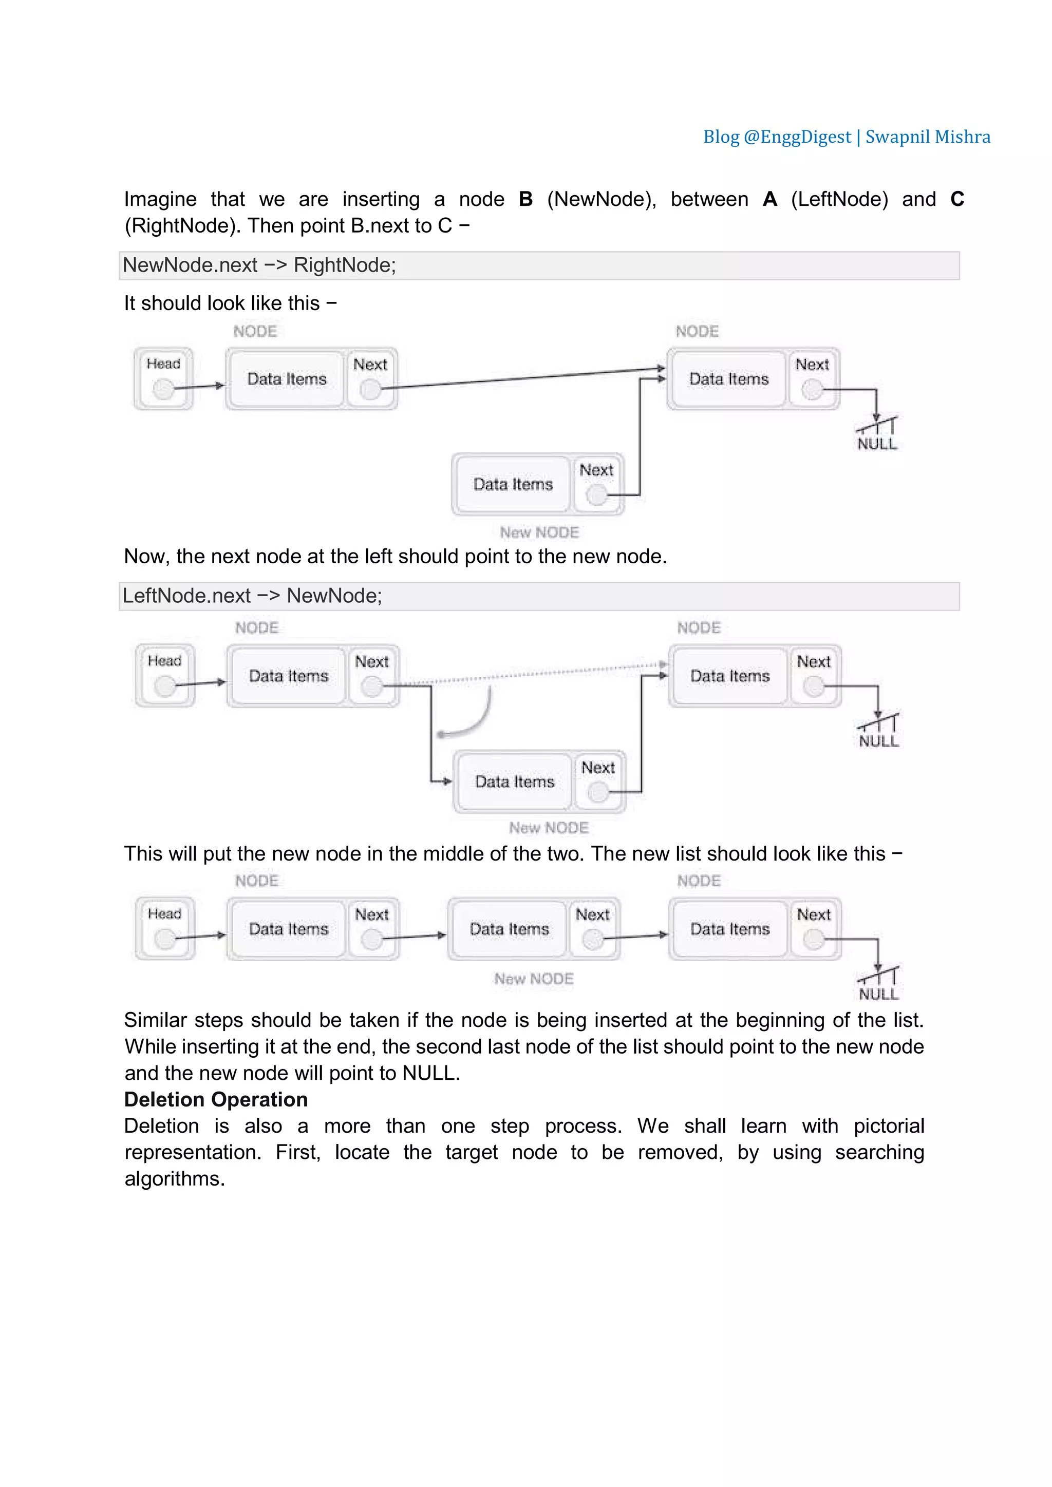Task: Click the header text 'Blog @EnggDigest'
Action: [777, 137]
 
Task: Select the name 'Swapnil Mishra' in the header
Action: [928, 137]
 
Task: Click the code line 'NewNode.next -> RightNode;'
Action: [259, 265]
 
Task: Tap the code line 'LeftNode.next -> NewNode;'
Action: [253, 596]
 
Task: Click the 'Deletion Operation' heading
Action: [216, 1100]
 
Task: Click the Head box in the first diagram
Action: [163, 378]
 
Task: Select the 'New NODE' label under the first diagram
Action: [539, 532]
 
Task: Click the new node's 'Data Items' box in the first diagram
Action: [513, 484]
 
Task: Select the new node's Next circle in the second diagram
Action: [597, 791]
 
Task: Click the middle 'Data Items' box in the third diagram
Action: [509, 929]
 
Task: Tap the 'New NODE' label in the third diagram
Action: [534, 979]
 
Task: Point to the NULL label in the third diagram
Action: [878, 994]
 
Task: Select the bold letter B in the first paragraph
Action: [525, 199]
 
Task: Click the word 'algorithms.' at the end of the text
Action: [175, 1179]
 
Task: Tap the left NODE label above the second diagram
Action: [256, 627]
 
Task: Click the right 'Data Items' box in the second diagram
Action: [730, 676]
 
